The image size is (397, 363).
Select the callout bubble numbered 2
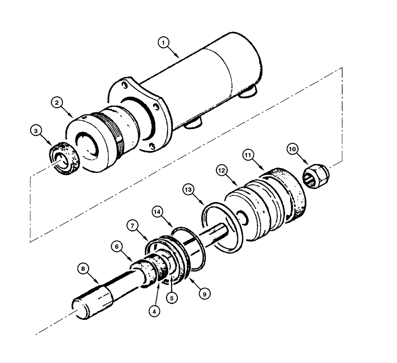58,103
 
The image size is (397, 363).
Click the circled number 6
117,246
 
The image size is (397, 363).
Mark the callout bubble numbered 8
83,269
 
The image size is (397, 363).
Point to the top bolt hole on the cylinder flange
125,85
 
